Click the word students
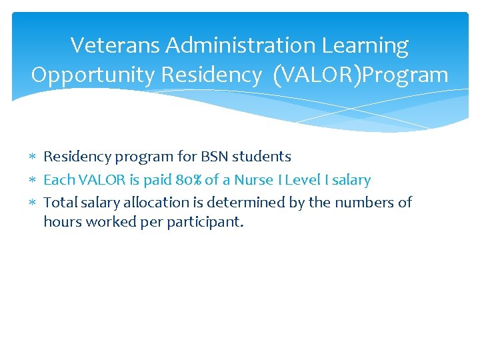[x=261, y=157]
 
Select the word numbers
[x=364, y=202]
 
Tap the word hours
[x=62, y=221]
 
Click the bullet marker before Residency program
[x=34, y=157]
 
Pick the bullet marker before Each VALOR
[x=34, y=180]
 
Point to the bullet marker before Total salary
[x=34, y=203]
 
